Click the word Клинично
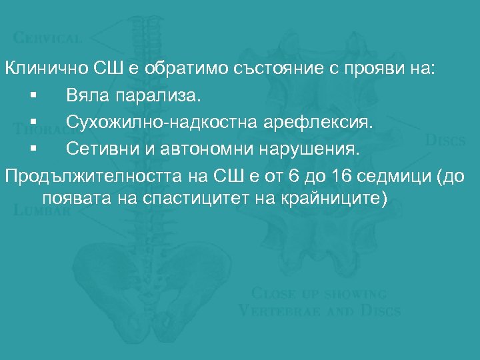(x=40, y=69)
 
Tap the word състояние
(x=249, y=69)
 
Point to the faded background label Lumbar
(x=42, y=211)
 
